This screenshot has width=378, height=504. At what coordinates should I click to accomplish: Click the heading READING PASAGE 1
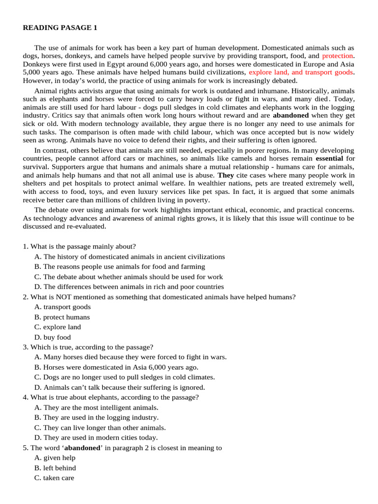point(60,28)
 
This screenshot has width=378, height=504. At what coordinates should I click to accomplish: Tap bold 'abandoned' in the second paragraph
point(291,115)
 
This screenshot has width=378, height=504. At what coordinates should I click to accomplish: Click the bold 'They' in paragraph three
point(225,175)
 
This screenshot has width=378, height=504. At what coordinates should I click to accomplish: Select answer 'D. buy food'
point(53,337)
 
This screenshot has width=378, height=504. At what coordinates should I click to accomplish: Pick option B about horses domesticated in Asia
point(116,367)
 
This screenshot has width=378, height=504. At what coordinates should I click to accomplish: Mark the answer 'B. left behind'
point(55,468)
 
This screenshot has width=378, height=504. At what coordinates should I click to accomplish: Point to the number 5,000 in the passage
point(32,72)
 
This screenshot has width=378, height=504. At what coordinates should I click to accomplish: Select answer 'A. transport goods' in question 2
point(63,307)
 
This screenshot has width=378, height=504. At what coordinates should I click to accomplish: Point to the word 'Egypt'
point(114,64)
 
